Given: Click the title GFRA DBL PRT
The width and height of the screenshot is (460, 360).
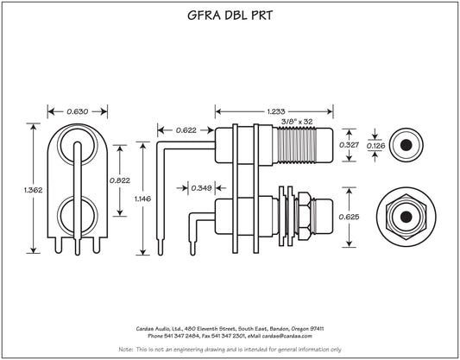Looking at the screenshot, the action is (230, 16).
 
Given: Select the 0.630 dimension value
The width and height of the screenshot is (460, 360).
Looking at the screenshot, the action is (77, 111).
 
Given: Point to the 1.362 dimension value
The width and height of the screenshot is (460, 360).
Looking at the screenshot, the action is (33, 190).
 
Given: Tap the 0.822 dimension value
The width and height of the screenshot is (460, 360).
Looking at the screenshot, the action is (120, 180).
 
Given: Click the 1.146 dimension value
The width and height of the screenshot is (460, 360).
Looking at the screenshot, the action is (142, 199).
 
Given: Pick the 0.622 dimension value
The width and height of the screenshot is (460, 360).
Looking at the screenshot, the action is (186, 130).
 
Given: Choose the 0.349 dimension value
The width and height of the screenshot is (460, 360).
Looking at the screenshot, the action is (201, 188).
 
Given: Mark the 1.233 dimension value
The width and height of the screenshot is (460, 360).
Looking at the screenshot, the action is (276, 111).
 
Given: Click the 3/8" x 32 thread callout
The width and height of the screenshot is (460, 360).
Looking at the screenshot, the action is (297, 121).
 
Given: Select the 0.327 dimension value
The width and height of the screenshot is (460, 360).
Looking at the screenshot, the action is (349, 145).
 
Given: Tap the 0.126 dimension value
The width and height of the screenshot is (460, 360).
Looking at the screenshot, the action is (375, 146).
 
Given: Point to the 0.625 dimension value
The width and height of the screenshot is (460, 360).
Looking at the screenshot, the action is (349, 217).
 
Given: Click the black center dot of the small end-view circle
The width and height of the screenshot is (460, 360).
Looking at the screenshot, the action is (406, 145).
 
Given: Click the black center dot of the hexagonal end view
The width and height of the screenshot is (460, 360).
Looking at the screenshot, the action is (406, 217).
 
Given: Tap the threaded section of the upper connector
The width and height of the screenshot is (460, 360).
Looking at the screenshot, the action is (296, 145).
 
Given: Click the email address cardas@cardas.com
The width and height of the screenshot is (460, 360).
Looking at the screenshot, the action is (287, 336).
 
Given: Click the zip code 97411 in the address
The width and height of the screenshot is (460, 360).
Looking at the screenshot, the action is (317, 329).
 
